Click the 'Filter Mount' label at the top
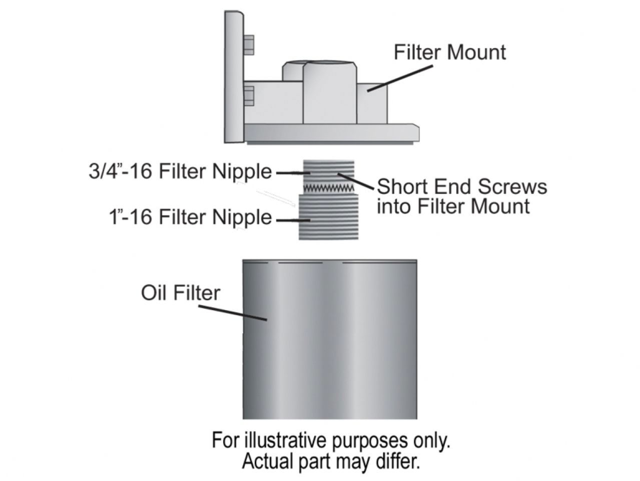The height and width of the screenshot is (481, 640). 449,52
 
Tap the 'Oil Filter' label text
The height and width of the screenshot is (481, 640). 180,293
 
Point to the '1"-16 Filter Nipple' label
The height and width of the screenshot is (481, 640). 190,217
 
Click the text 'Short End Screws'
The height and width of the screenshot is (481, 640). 461,186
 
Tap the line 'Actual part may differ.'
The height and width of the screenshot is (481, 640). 330,461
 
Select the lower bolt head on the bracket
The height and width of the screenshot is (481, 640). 249,96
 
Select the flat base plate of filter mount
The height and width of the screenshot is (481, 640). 330,133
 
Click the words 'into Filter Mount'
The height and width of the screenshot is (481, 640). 452,206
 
